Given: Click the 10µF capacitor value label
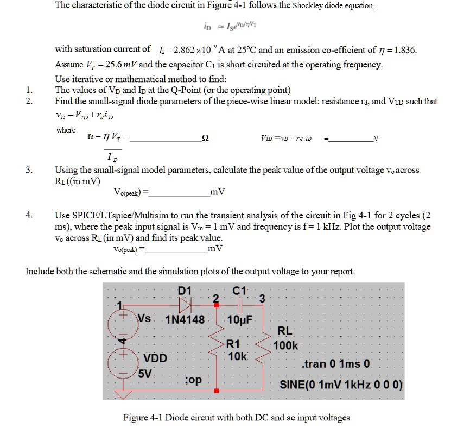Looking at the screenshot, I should point(239,319).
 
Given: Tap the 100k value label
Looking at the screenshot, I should point(287,345).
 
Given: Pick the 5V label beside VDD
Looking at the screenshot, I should point(145,373).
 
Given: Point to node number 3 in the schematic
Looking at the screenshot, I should point(262,298).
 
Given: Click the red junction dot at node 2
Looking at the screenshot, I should point(217,306).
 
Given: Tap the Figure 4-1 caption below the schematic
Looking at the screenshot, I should point(236,418).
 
